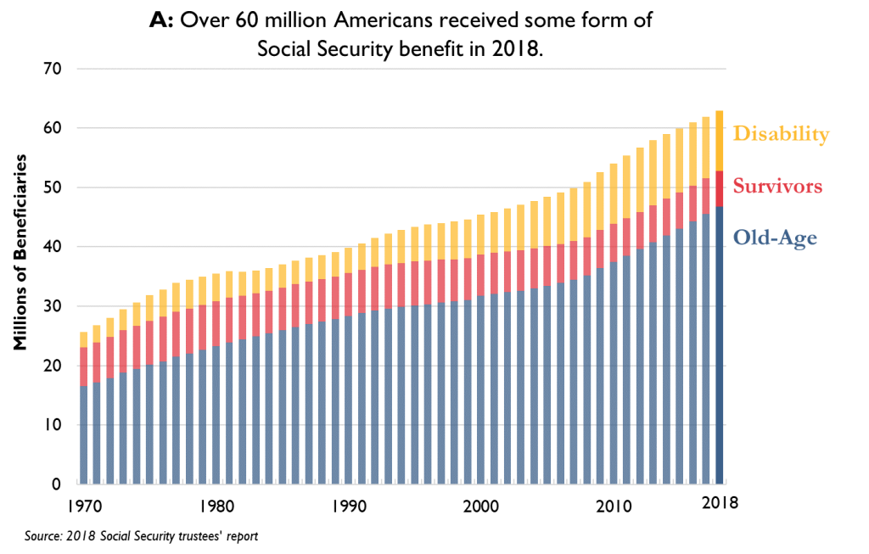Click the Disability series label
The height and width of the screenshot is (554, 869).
click(780, 134)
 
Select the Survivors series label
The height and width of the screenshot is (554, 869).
click(777, 187)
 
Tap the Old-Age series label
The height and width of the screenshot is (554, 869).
click(776, 238)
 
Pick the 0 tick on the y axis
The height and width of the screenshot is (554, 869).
click(55, 484)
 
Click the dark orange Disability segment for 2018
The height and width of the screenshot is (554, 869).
click(720, 141)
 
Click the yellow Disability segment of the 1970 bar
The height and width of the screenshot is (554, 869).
click(83, 339)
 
